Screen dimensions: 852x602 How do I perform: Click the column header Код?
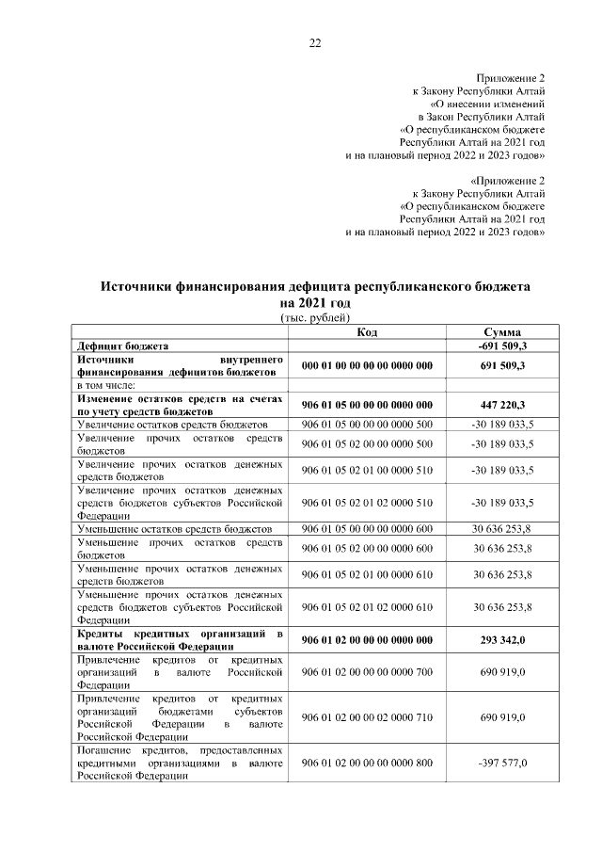367,332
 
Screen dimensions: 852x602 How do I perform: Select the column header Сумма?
501,332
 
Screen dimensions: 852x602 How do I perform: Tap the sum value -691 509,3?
501,346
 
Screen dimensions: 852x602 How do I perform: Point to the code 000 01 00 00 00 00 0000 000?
367,364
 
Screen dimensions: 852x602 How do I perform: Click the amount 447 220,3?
501,404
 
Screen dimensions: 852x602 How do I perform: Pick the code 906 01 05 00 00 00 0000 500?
367,425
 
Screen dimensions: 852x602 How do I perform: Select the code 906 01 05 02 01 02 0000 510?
367,502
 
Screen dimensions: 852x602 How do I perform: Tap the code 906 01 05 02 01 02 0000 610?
367,607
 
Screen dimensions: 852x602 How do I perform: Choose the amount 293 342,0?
501,640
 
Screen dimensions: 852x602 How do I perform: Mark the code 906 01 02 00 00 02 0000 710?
367,717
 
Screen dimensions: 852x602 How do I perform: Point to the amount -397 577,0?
501,763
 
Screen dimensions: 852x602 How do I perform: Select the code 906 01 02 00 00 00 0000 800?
367,763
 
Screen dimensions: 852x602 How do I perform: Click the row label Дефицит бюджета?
123,346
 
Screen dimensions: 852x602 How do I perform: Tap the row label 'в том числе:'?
107,384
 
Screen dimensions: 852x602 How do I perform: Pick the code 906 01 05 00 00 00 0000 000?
367,404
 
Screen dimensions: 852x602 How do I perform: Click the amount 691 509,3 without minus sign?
501,364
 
